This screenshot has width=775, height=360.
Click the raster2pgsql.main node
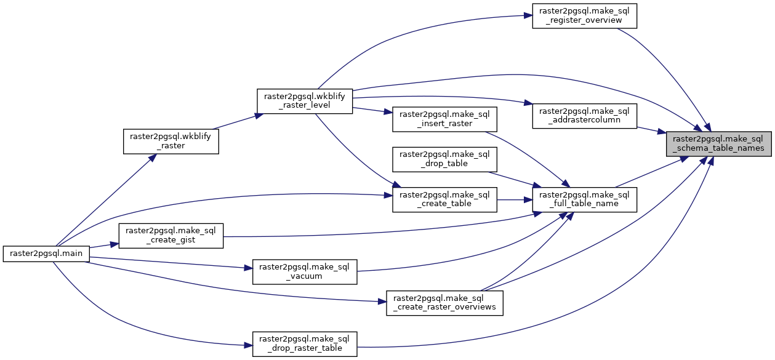point(46,253)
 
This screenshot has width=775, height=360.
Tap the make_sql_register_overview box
point(584,15)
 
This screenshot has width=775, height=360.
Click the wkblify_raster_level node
point(304,100)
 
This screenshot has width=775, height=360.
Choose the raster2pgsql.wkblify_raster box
point(171,142)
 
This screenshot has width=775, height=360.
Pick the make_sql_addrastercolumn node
point(584,116)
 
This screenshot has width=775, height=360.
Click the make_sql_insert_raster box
point(444,119)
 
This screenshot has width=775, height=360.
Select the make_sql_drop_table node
point(444,159)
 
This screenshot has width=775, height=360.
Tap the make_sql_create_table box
point(444,199)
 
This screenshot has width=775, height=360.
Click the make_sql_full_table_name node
point(584,199)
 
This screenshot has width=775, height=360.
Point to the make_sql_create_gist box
point(171,236)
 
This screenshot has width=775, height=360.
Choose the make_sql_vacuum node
point(305,271)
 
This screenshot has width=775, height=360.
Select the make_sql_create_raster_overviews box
point(444,303)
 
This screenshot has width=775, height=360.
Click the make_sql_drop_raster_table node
point(305,343)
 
